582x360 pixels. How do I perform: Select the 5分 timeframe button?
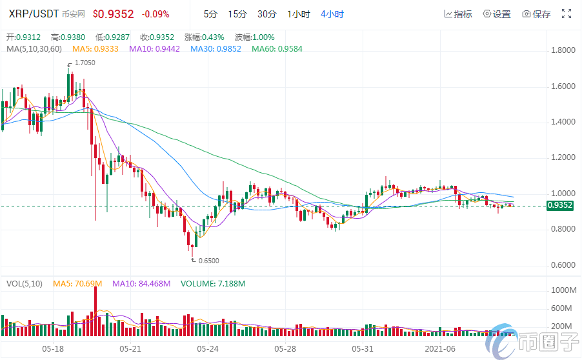pos(210,14)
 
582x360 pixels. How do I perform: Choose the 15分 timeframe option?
pos(237,14)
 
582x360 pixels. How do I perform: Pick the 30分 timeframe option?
pos(266,14)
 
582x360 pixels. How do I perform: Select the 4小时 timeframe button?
pos(332,14)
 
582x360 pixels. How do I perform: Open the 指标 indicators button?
pos(458,14)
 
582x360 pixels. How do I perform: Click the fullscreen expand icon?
pos(567,14)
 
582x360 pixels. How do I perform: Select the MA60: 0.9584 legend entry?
pos(277,48)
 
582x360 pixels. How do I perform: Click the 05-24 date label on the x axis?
pos(208,348)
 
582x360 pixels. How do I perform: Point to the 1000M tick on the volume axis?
pos(563,291)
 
